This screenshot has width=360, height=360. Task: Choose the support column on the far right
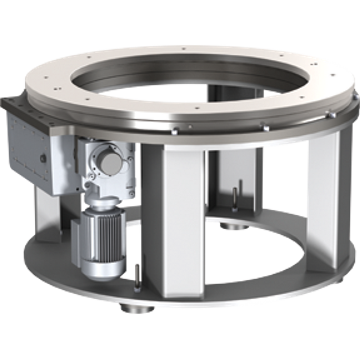320,207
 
